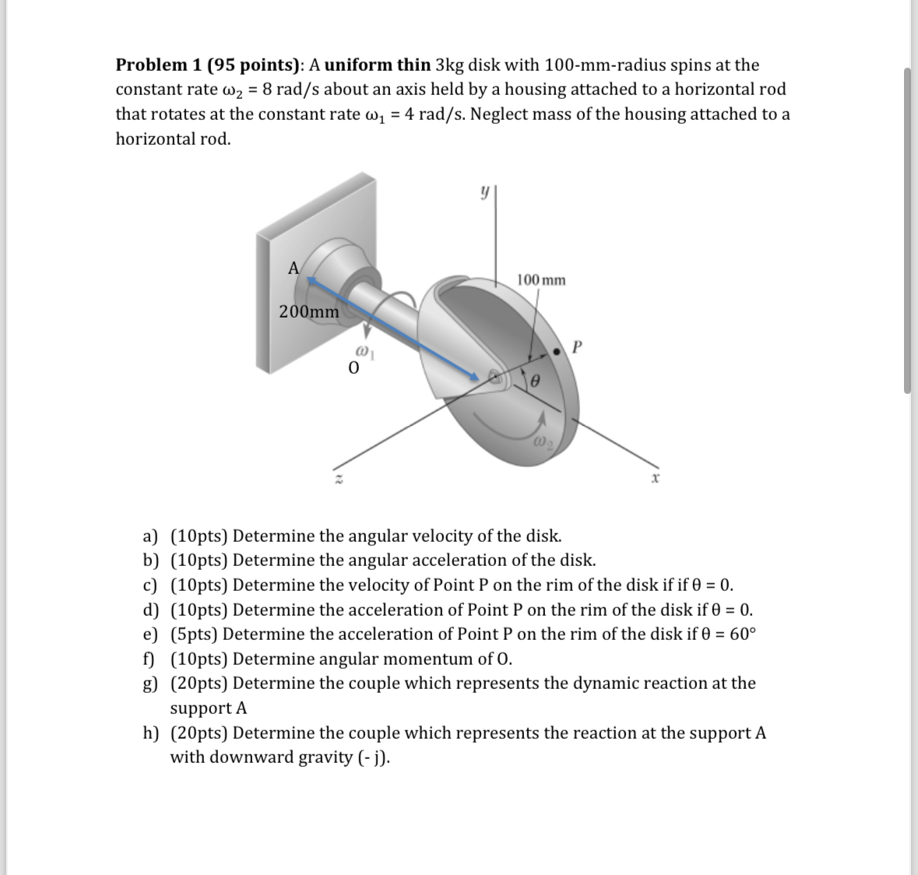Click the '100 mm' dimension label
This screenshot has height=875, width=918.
tap(541, 279)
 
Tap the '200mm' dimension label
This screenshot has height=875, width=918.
tap(309, 312)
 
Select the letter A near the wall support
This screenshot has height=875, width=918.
tap(294, 268)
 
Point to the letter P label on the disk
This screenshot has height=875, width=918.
tap(576, 346)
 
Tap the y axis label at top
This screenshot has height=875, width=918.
tap(484, 191)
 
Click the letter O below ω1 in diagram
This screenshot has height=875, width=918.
tap(354, 367)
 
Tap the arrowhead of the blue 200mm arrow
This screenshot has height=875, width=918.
tap(474, 378)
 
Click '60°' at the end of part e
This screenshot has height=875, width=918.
tap(742, 634)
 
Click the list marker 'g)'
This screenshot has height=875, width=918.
tap(149, 683)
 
